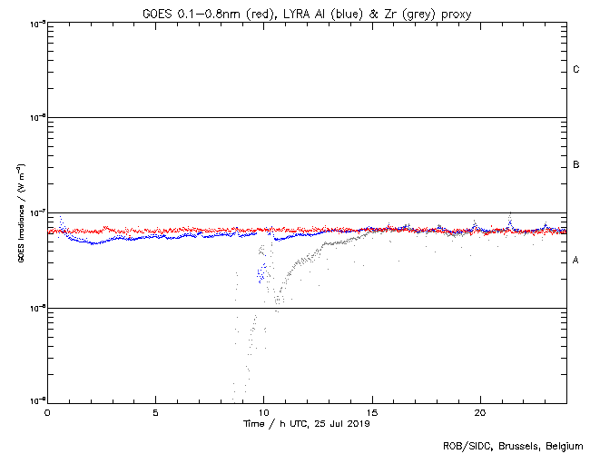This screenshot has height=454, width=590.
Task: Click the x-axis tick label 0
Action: [x=47, y=411]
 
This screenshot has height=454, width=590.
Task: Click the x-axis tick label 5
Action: [x=155, y=411]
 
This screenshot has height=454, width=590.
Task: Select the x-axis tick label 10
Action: [x=263, y=411]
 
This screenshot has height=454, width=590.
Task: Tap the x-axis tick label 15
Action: [x=372, y=411]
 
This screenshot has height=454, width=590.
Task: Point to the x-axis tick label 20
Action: [x=480, y=411]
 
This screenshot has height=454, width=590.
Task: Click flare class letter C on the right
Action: [x=576, y=69]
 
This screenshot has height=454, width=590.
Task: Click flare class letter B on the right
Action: [x=576, y=164]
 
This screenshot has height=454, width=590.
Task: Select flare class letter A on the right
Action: [x=576, y=261]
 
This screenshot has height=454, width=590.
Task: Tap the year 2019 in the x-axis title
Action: [x=359, y=423]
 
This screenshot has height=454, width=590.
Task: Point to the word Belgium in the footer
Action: [x=563, y=445]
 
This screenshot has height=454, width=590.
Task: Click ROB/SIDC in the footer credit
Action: [x=465, y=445]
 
